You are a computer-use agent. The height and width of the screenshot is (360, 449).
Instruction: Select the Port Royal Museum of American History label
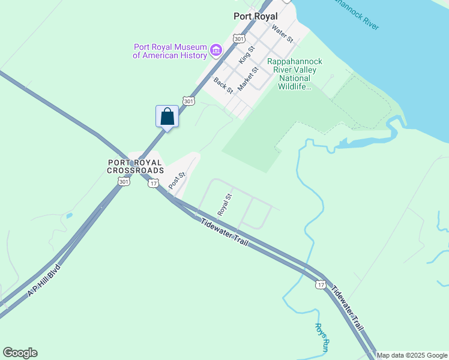click(169, 52)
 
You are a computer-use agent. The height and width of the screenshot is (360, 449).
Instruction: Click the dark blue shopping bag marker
click(167, 116)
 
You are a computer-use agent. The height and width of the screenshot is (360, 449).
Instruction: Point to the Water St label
click(282, 33)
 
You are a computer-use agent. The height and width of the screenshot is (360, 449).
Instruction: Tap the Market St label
click(247, 79)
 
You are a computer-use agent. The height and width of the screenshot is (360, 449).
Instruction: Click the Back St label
click(223, 85)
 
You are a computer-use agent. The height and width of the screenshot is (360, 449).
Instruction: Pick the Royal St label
click(224, 205)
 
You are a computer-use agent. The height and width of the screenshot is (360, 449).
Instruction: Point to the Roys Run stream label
click(322, 337)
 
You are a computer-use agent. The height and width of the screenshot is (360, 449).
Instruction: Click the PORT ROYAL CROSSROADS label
click(135, 166)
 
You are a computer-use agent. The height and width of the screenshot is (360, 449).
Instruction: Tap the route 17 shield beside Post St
click(153, 182)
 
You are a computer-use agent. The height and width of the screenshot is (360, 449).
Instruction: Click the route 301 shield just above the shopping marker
click(189, 101)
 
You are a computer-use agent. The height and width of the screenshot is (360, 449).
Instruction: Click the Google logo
click(20, 353)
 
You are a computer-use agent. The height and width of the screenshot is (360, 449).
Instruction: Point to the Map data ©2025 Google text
click(412, 355)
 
